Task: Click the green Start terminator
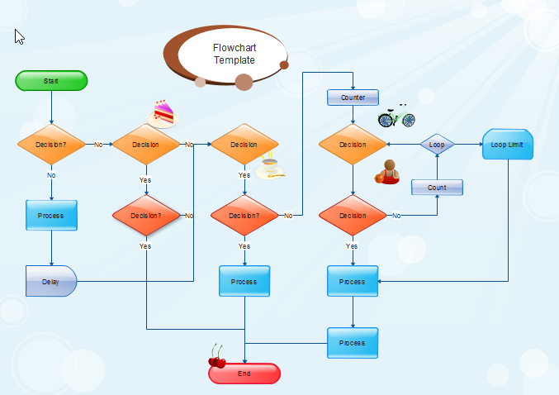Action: click(51, 81)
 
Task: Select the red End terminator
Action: click(244, 374)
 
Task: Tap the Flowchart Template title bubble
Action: click(234, 55)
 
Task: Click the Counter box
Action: click(353, 98)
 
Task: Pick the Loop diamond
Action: click(437, 145)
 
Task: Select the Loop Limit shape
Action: click(507, 145)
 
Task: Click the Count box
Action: click(437, 188)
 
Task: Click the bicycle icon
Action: click(396, 117)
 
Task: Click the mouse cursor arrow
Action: click(19, 36)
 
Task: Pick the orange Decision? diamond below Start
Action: click(51, 145)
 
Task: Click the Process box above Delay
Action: click(51, 216)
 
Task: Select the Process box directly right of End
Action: click(353, 342)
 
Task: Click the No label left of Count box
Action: click(396, 216)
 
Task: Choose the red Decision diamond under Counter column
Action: click(353, 216)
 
